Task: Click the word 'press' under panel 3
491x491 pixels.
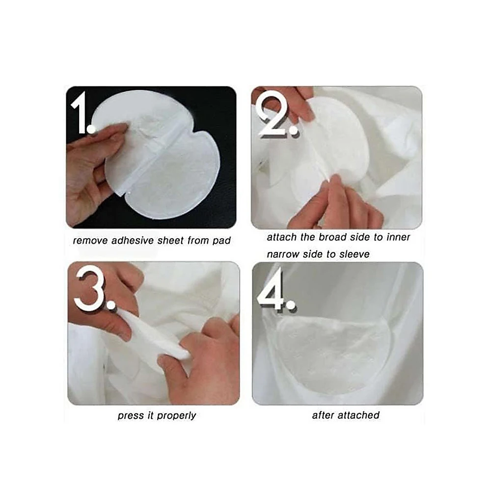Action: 129,415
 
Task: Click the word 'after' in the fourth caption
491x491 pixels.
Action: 324,415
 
